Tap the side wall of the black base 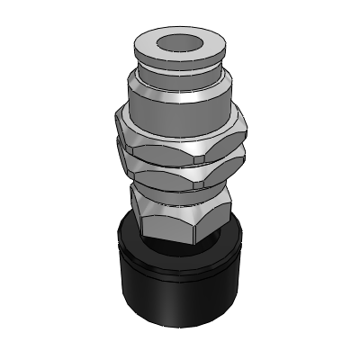(179, 297)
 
